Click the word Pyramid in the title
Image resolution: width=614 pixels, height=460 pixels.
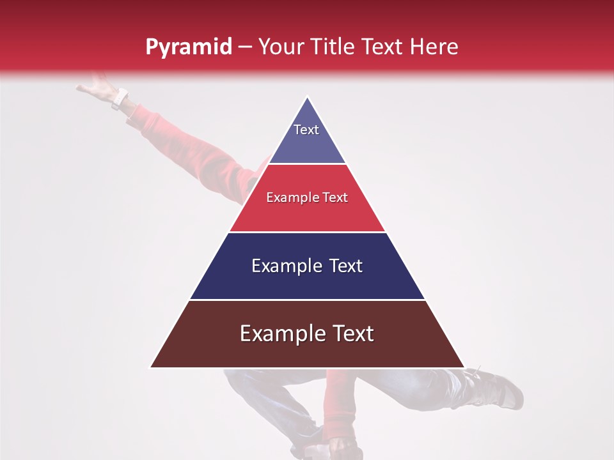click(x=188, y=47)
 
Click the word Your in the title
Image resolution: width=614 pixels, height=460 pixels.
click(x=281, y=47)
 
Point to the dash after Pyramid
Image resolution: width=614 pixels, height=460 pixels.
click(x=244, y=47)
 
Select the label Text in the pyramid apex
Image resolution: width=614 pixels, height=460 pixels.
click(x=306, y=130)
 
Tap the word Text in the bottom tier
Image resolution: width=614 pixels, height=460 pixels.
click(x=351, y=333)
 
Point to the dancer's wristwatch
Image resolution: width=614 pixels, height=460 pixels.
click(x=120, y=98)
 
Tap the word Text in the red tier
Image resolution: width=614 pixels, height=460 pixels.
click(x=335, y=197)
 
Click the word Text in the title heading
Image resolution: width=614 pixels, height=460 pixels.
click(x=382, y=47)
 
